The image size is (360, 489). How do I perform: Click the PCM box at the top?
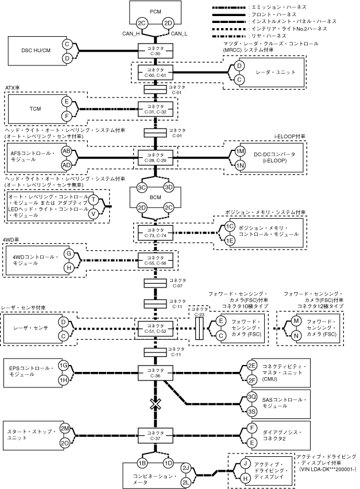155,11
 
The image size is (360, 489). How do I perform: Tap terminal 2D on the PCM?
168,24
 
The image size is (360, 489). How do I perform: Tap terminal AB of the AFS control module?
67,150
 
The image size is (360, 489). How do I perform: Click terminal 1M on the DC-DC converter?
241,150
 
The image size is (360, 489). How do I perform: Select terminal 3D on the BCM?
169,188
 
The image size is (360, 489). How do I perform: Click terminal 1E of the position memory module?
229,240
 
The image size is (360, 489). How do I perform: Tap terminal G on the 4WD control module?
67,253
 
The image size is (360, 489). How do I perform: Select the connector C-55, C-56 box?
155,261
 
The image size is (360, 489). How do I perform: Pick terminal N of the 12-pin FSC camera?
296,335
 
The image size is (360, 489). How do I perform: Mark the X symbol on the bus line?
154,403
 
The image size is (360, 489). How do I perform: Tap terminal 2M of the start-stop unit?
65,428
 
